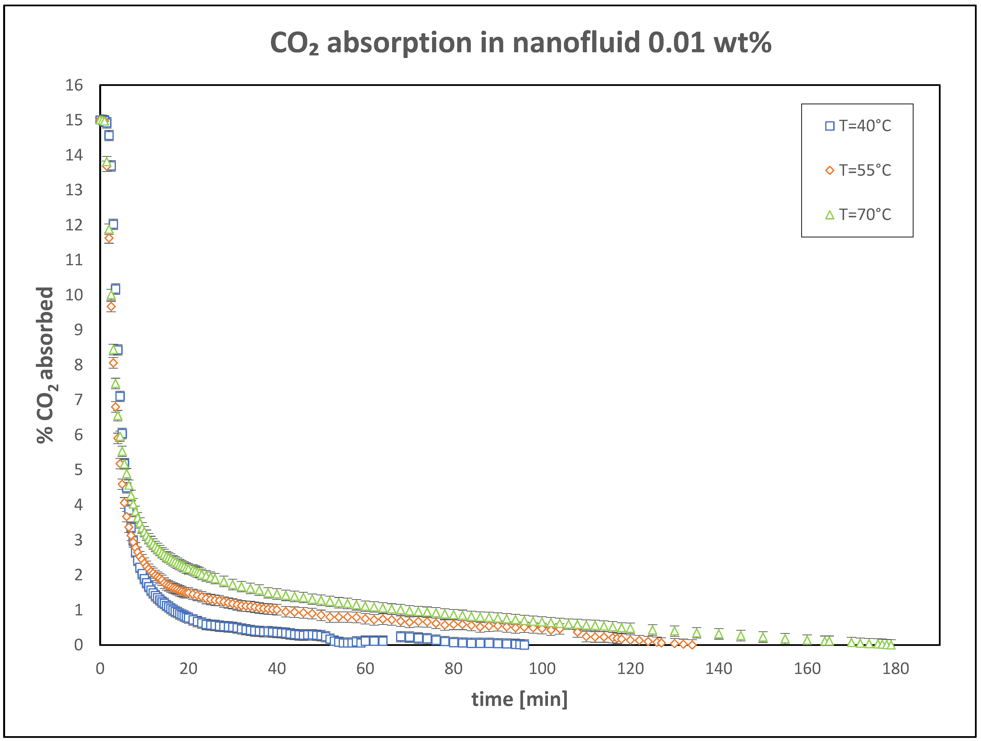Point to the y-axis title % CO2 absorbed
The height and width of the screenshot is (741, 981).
pyautogui.click(x=46, y=365)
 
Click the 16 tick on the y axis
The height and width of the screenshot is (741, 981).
pyautogui.click(x=74, y=85)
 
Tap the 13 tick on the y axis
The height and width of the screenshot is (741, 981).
pyautogui.click(x=74, y=190)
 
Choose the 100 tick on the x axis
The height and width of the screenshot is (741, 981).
pyautogui.click(x=542, y=669)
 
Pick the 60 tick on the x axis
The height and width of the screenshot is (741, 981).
pyautogui.click(x=365, y=669)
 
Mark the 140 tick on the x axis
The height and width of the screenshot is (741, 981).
pyautogui.click(x=719, y=669)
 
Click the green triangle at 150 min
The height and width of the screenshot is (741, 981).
pyautogui.click(x=763, y=637)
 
